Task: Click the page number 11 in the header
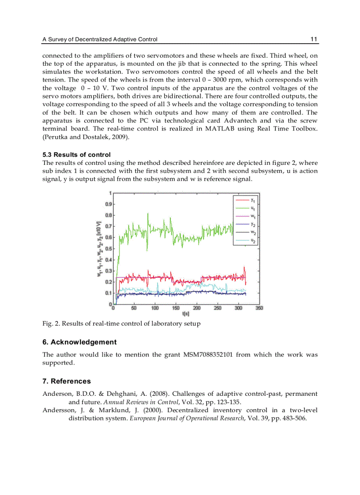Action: point(314,39)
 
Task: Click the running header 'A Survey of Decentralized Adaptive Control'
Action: point(100,40)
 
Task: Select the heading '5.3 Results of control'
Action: point(76,155)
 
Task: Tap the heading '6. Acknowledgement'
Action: point(79,342)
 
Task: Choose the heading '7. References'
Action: point(67,381)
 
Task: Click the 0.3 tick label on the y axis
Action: point(108,271)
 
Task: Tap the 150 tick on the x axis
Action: point(176,308)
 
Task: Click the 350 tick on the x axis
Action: point(259,308)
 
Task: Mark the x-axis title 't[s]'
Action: point(186,314)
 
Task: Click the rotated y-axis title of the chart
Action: point(99,248)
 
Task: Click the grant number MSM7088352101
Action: point(208,355)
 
